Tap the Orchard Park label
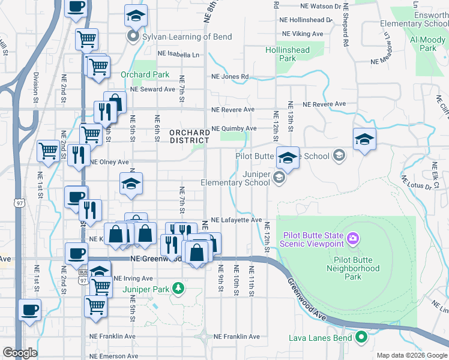point(145,75)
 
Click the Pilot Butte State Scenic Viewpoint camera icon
point(353,239)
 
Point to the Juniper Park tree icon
point(178,289)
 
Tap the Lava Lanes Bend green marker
point(361,338)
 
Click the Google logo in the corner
point(20,353)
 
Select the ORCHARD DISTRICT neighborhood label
point(188,136)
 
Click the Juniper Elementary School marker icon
point(279,177)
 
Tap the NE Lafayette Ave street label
point(237,220)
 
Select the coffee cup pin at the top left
point(76,8)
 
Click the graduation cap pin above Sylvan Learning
point(136,16)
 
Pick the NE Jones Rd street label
point(229,77)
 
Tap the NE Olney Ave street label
point(109,162)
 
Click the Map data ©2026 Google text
point(411,355)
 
